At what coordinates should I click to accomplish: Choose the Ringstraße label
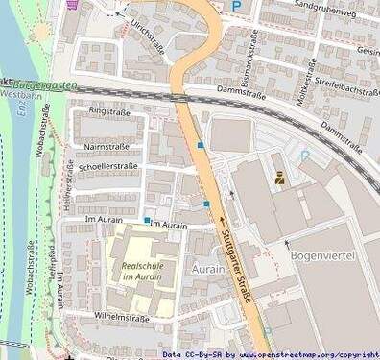pyautogui.click(x=107, y=111)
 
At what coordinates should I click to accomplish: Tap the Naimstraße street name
pyautogui.click(x=107, y=146)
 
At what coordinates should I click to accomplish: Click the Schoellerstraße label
pyautogui.click(x=108, y=166)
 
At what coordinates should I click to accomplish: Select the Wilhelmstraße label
pyautogui.click(x=122, y=316)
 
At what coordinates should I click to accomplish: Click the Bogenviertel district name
pyautogui.click(x=322, y=257)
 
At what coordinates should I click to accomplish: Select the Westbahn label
pyautogui.click(x=21, y=96)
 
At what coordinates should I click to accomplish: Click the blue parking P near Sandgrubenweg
pyautogui.click(x=237, y=6)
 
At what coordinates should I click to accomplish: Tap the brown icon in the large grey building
pyautogui.click(x=279, y=178)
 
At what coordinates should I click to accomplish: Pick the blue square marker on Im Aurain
pyautogui.click(x=147, y=220)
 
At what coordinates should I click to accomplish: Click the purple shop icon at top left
pyautogui.click(x=74, y=3)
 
